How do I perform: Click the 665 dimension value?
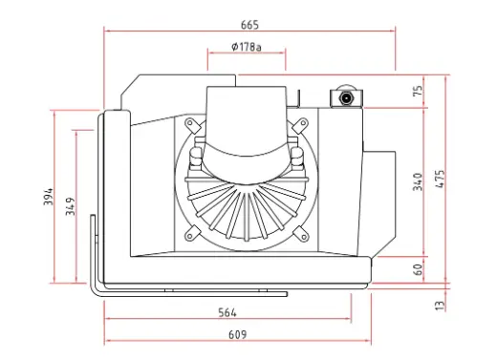[249, 25]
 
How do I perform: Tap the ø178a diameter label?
[247, 47]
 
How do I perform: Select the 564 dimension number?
[227, 313]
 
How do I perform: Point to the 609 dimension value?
[237, 335]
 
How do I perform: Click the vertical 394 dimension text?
[49, 197]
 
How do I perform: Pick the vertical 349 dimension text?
[71, 206]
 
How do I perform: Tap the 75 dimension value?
[419, 90]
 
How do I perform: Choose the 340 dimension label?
[418, 181]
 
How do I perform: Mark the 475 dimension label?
[440, 179]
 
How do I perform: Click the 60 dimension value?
[419, 269]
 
